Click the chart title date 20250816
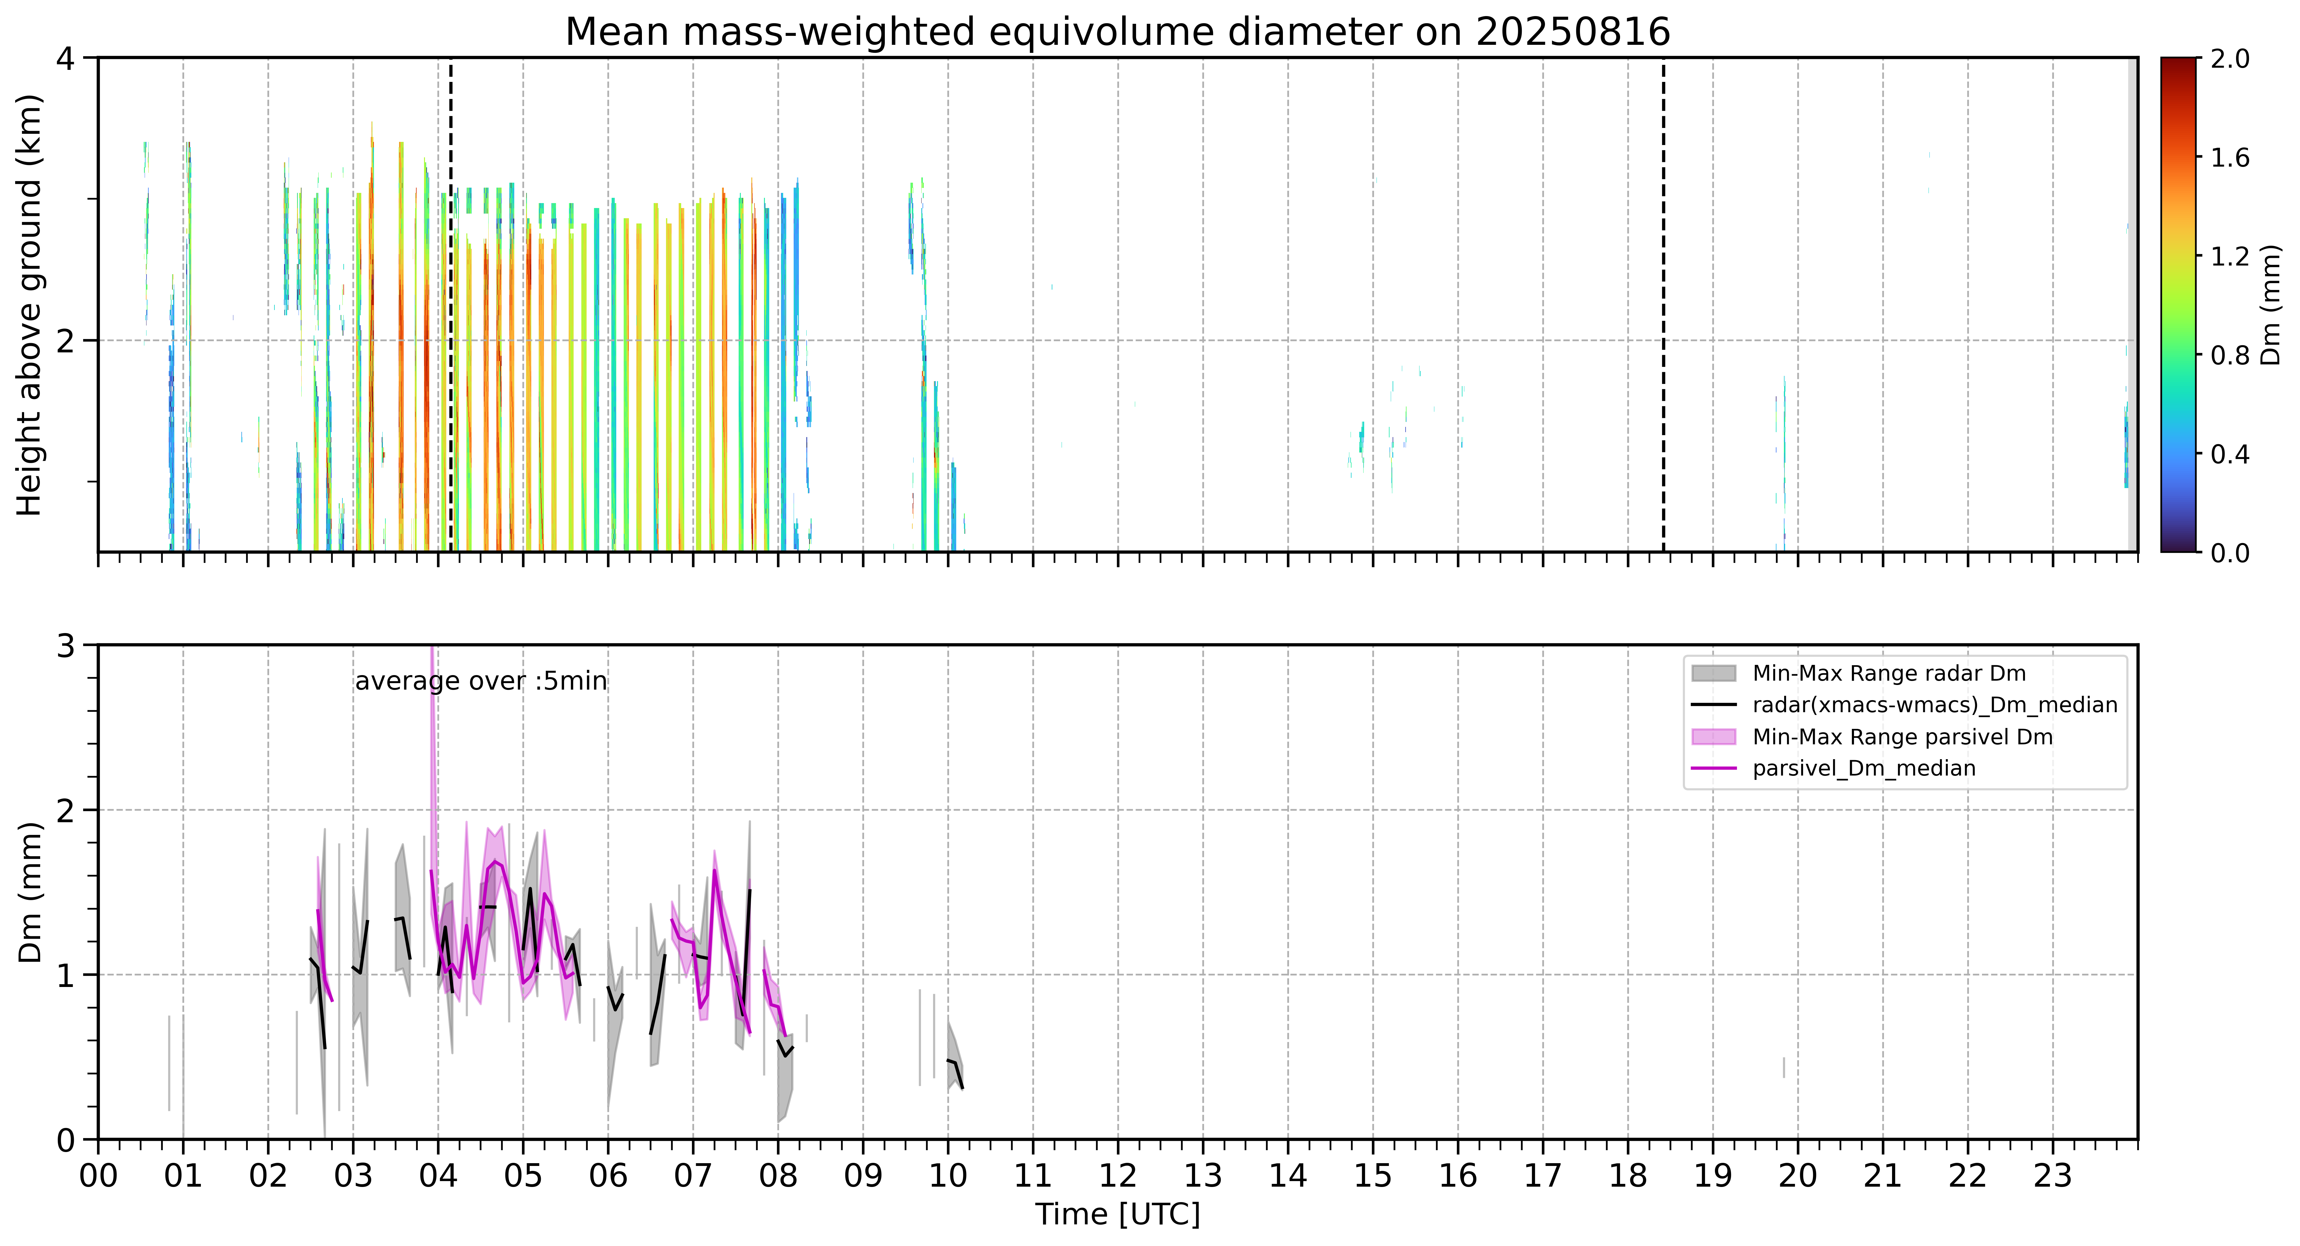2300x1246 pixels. point(1572,32)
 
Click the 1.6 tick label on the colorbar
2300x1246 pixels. point(2230,158)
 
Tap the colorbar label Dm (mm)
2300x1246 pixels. point(2271,305)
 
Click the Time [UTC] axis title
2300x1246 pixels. point(1118,1215)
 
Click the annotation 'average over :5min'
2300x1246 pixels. point(480,682)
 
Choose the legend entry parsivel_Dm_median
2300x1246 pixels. point(1864,768)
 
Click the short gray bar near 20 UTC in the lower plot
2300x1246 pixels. point(1784,1067)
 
